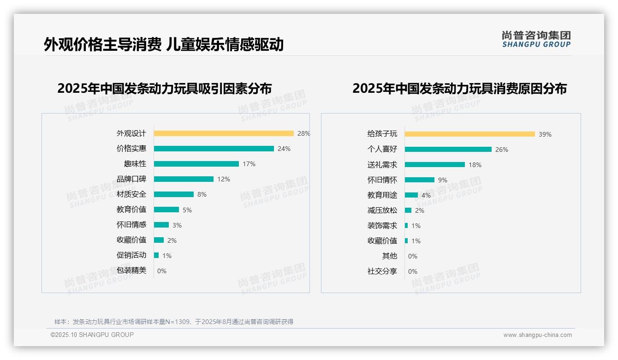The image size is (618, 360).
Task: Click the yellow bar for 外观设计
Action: click(x=224, y=133)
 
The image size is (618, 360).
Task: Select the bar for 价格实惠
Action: click(x=214, y=149)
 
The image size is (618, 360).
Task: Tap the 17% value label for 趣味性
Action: click(x=249, y=164)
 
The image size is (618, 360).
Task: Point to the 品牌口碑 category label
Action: click(x=131, y=179)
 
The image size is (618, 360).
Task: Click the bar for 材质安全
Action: click(x=174, y=194)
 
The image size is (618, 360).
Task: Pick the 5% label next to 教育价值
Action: click(x=187, y=210)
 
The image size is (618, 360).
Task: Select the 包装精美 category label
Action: click(x=131, y=270)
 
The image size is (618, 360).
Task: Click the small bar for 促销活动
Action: click(x=156, y=255)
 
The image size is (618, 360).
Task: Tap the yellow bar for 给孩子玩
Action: click(x=470, y=134)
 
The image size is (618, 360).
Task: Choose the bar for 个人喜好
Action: click(x=448, y=150)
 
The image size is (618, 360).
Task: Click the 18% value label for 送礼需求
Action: click(x=475, y=165)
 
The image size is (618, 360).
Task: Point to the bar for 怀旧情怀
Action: click(x=420, y=180)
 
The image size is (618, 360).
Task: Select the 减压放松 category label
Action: click(x=382, y=210)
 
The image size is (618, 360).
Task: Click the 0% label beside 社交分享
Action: click(x=413, y=271)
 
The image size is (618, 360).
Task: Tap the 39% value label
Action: click(x=545, y=134)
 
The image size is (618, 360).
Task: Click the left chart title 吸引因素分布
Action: click(x=165, y=88)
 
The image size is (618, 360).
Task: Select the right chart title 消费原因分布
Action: click(x=459, y=88)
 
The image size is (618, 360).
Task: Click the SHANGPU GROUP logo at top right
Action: click(x=536, y=39)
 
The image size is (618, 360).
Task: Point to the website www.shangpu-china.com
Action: click(x=537, y=335)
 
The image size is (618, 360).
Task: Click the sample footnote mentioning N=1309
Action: click(x=174, y=322)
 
